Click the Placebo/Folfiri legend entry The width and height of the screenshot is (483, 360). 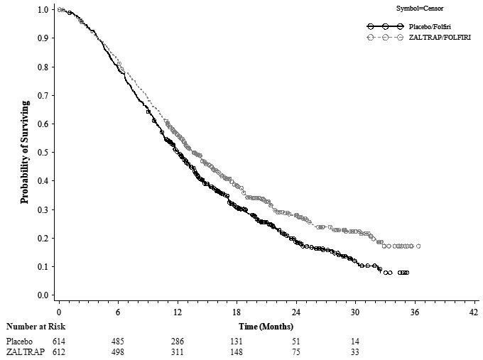click(425, 26)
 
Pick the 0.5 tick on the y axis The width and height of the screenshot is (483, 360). click(43, 152)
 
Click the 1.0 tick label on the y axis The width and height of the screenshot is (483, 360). click(43, 10)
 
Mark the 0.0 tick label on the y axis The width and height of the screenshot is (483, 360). click(43, 295)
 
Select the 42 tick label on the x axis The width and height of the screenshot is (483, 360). click(474, 312)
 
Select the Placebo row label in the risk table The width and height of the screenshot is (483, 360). click(20, 340)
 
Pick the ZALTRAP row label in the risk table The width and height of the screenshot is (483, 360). click(23, 351)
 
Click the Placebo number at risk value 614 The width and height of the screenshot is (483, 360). click(58, 340)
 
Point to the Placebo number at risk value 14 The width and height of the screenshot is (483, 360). click(354, 340)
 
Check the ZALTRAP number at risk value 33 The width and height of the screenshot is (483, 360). click(354, 351)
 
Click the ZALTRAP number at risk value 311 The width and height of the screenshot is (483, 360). click(177, 351)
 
